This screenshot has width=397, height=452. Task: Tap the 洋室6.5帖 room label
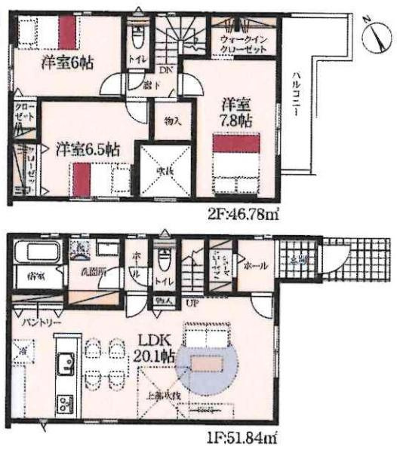coord(88,148)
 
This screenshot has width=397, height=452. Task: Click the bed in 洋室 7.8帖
coord(236,163)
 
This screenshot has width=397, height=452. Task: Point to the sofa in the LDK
coord(206,338)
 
